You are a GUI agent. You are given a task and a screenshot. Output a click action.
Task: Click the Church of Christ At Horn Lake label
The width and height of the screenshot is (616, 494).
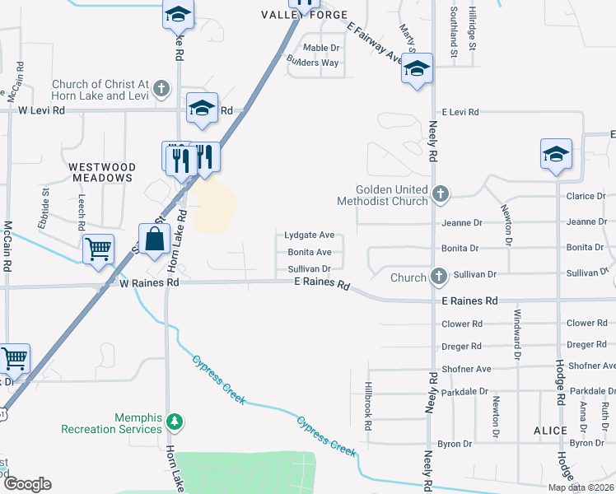click(99, 90)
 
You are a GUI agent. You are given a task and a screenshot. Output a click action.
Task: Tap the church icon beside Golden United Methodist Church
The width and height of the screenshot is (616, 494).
click(441, 195)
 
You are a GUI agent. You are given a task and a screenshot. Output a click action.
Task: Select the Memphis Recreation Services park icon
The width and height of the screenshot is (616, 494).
click(174, 422)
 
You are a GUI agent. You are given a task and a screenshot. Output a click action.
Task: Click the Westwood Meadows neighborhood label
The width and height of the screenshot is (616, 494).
click(102, 171)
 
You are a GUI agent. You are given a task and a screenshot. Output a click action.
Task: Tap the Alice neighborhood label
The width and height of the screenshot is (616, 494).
click(550, 431)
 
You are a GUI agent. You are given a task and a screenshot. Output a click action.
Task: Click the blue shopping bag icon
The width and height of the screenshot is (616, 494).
click(154, 240)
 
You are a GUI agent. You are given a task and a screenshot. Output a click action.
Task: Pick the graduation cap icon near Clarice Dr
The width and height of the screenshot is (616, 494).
click(556, 154)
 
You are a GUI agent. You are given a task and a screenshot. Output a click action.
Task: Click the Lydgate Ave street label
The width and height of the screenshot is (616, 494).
click(310, 235)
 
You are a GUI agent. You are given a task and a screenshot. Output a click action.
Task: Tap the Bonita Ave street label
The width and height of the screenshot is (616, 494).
click(310, 252)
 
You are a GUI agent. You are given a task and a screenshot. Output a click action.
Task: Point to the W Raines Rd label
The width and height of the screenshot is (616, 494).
click(149, 282)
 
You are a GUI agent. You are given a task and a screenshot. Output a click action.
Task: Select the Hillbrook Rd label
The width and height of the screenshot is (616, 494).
click(369, 408)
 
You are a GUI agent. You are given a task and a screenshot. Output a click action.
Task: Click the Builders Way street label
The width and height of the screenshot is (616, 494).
click(312, 63)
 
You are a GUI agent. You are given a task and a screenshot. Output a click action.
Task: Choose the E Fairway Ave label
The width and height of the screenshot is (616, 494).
click(375, 44)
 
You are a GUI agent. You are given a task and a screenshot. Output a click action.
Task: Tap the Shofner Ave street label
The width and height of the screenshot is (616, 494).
click(466, 369)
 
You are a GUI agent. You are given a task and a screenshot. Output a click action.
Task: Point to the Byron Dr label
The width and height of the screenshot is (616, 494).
click(455, 444)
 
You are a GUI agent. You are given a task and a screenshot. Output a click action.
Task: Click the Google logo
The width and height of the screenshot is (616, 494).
click(27, 484)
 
